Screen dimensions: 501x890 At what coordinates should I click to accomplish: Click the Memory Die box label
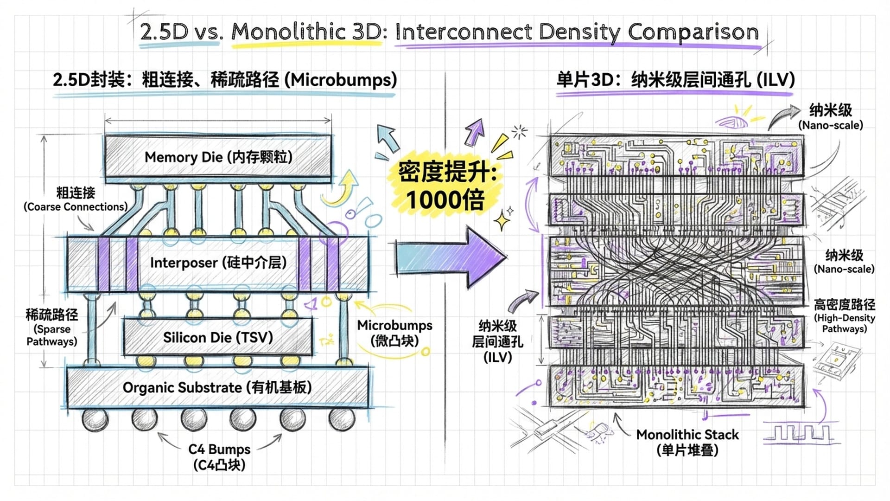[x=218, y=157]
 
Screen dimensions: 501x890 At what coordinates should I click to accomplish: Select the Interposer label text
[x=218, y=263]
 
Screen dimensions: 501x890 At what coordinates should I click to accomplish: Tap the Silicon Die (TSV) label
[x=218, y=338]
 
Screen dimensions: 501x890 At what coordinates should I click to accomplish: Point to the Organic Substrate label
[x=217, y=388]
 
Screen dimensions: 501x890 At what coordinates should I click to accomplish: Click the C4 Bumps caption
[x=219, y=456]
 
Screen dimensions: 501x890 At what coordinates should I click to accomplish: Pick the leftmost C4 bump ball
[x=95, y=419]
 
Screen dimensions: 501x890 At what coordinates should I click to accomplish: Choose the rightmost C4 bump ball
[x=342, y=419]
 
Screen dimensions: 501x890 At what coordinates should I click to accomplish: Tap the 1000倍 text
[x=445, y=200]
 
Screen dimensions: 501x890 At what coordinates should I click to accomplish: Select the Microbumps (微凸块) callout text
[x=394, y=333]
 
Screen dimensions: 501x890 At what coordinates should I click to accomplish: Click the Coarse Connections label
[x=76, y=199]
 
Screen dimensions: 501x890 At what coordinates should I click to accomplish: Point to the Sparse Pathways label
[x=52, y=328]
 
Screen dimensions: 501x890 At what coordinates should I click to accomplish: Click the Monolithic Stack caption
[x=687, y=442]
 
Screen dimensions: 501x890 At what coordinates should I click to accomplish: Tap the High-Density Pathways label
[x=845, y=316]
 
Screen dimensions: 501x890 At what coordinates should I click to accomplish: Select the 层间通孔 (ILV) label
[x=497, y=342]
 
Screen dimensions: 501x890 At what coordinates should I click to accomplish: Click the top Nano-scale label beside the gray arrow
[x=830, y=117]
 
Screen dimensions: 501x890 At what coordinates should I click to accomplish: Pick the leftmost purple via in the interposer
[x=103, y=264]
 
